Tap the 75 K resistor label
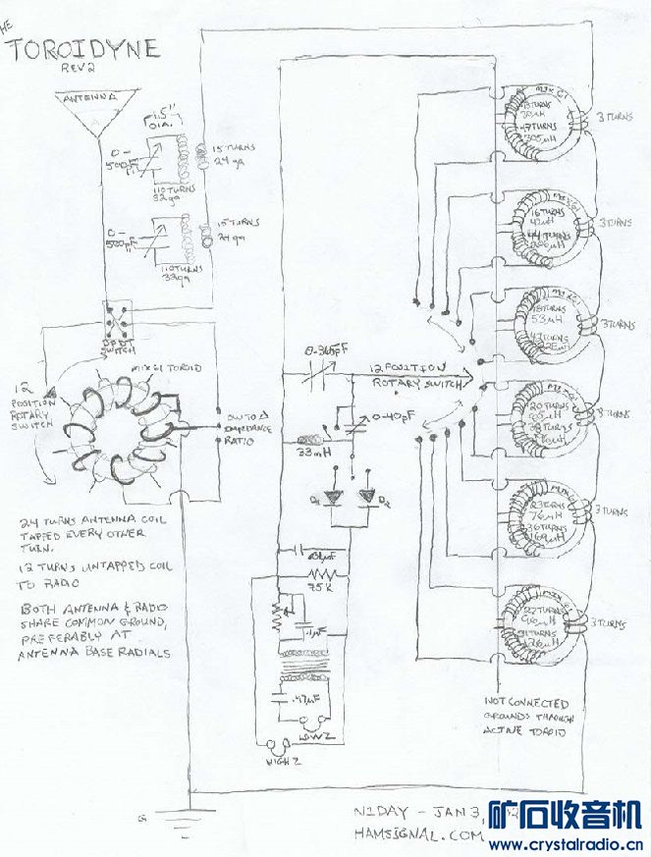pos(319,586)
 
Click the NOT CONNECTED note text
pos(526,703)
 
